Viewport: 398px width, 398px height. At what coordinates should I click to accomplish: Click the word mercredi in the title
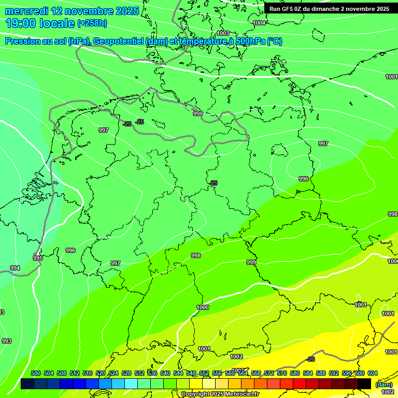coord(26,11)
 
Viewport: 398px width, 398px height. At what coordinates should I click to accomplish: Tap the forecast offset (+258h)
coord(92,23)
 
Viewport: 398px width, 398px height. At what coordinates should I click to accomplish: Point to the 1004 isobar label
coord(259,23)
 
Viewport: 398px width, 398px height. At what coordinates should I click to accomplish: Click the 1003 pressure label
coord(223,33)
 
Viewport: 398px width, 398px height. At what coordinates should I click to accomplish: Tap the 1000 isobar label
coord(203,307)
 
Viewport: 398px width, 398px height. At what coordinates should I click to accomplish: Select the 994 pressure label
coord(15,268)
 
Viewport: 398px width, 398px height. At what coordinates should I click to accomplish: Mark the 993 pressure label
coord(6,341)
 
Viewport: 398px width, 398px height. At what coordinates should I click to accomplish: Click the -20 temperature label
coord(310,359)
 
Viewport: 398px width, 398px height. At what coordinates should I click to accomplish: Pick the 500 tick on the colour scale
coord(36,373)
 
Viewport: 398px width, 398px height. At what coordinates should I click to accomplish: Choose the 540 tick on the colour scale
coord(165,373)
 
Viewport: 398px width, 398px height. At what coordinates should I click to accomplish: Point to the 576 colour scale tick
coord(282,373)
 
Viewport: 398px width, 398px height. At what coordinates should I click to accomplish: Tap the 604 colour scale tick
coord(372,373)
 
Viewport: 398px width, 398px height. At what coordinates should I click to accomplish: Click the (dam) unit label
coord(384,385)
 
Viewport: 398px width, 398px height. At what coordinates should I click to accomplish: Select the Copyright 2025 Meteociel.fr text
coord(220,394)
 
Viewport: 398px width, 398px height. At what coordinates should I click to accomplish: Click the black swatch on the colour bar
coord(364,383)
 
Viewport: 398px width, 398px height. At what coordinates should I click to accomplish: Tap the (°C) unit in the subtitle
coord(274,41)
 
